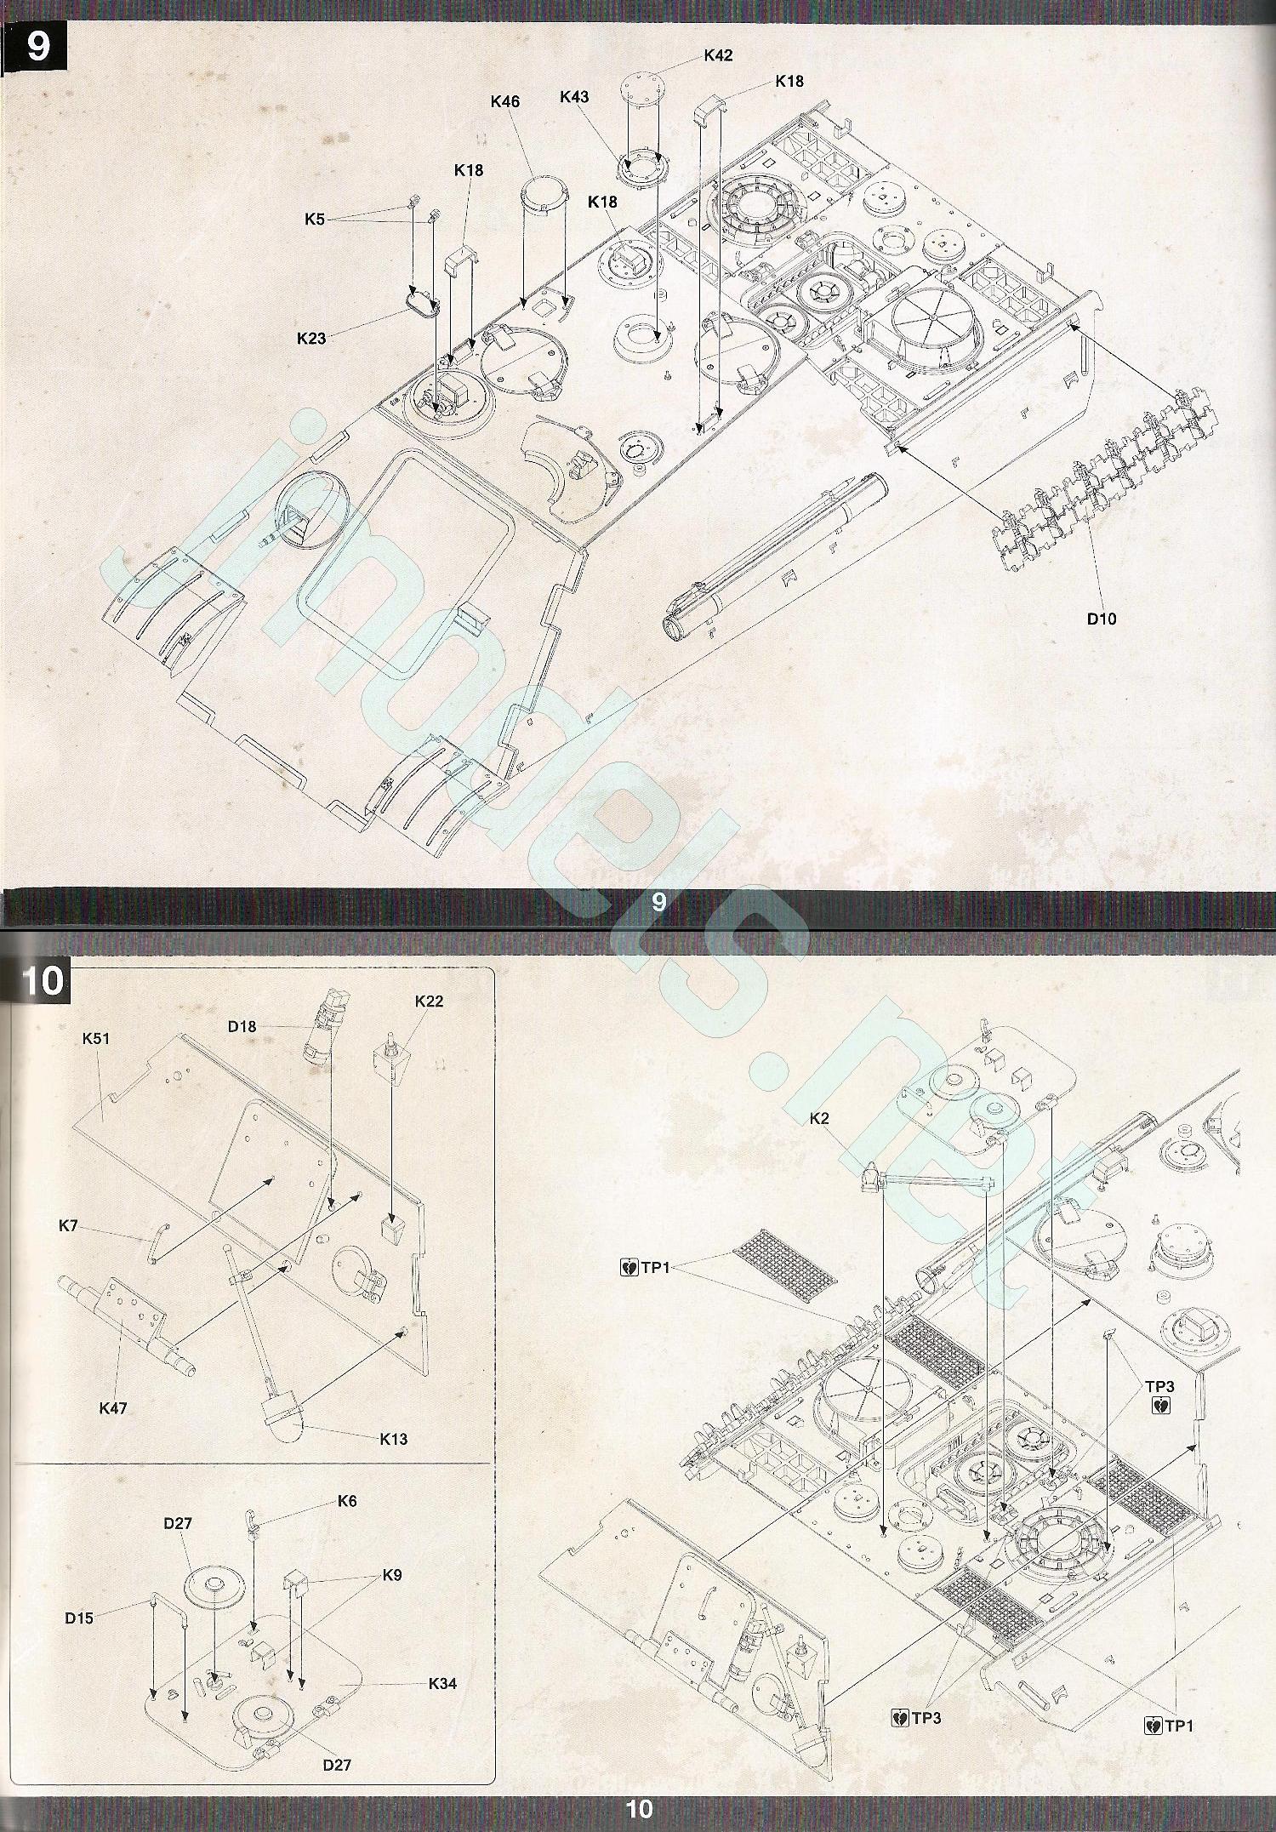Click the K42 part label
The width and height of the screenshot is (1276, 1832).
tap(718, 55)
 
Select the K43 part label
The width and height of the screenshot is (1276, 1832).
tap(574, 97)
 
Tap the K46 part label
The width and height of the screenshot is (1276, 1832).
tap(505, 101)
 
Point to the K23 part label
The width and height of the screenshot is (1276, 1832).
tap(311, 338)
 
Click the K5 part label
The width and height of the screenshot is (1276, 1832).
tap(315, 220)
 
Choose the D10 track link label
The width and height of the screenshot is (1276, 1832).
tap(1102, 619)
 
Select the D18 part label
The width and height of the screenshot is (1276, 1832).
tap(242, 1026)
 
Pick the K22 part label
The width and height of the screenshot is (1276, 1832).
tap(429, 1001)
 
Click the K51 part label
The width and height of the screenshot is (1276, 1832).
tap(96, 1039)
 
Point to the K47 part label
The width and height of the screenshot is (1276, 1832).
tap(113, 1408)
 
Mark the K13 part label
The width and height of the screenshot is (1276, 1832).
tap(394, 1439)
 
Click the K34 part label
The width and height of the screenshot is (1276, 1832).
tap(442, 1683)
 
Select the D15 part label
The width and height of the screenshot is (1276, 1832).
tap(79, 1618)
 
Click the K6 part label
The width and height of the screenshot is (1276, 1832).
tap(347, 1501)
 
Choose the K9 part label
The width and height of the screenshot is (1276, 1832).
tap(391, 1575)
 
